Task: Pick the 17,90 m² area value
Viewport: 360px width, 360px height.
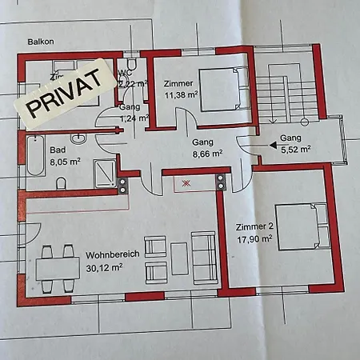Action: point(254,237)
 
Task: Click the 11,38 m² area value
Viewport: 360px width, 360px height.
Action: point(179,94)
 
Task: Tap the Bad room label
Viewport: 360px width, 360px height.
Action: point(57,150)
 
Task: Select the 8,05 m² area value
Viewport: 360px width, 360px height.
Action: point(64,160)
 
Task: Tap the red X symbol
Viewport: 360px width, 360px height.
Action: point(186,183)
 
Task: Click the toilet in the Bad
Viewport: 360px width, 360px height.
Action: point(62,184)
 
